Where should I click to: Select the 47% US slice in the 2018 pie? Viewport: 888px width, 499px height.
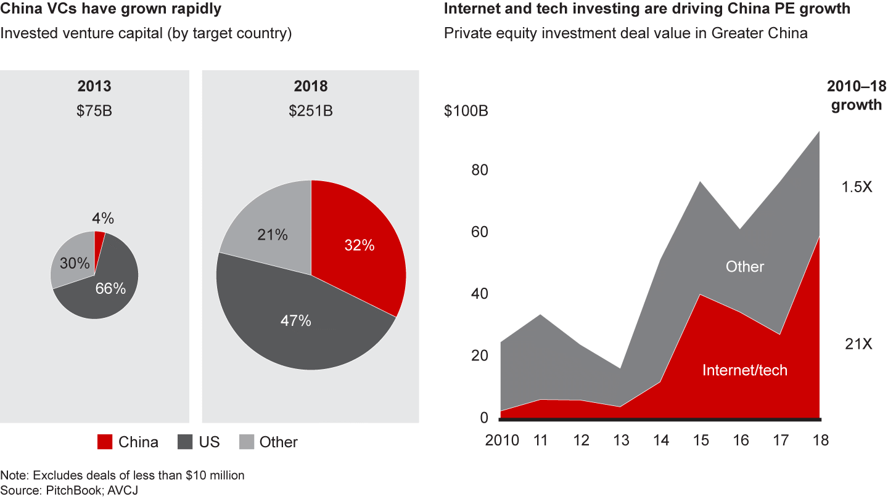[x=296, y=320]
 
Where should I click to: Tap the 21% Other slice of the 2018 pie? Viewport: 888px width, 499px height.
[x=272, y=235]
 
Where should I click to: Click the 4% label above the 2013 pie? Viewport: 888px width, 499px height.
[x=103, y=219]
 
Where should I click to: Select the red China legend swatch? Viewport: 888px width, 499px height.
[x=104, y=442]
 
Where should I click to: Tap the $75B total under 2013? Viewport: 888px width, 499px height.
[x=94, y=111]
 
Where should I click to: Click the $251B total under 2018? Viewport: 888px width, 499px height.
[x=310, y=111]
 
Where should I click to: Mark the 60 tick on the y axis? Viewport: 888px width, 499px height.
[x=479, y=232]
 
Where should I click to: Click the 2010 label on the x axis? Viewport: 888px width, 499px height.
[x=501, y=440]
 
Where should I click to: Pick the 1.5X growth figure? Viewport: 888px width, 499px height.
[x=857, y=187]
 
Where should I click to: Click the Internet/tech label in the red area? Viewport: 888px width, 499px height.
[x=745, y=370]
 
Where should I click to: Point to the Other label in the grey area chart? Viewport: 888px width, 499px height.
[x=744, y=267]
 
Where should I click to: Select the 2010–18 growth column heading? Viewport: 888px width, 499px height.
[x=857, y=95]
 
